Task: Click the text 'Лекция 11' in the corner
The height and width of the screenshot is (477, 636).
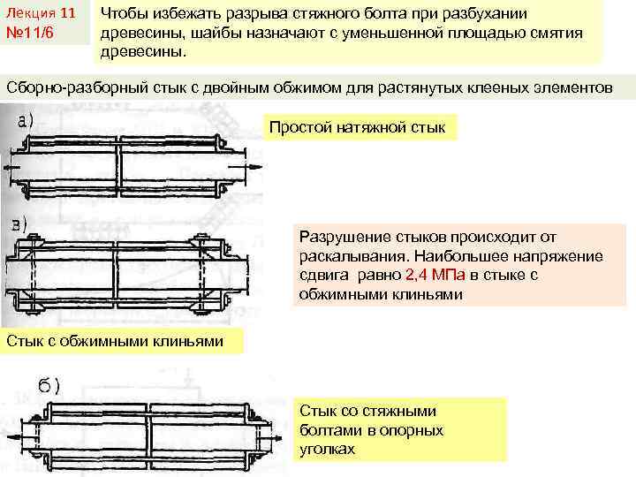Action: pos(40,14)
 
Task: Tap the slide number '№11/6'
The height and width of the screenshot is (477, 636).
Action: pos(31,35)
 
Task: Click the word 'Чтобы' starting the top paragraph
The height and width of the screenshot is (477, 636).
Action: pos(127,14)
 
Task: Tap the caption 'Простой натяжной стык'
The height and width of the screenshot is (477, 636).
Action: pos(358,127)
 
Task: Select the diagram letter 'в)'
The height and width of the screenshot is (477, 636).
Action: pos(22,222)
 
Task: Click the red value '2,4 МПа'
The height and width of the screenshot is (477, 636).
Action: pos(434,275)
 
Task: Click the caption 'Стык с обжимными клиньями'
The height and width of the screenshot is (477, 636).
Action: pos(115,341)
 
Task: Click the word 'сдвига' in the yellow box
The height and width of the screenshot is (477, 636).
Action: pos(322,275)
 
